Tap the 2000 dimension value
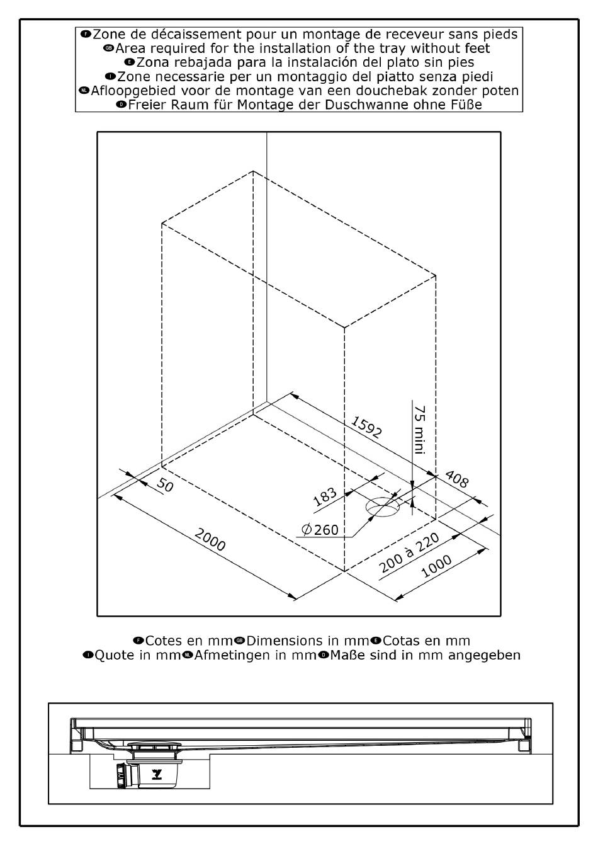pos(210,540)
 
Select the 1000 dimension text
pos(436,566)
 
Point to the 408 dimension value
pos(457,479)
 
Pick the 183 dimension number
pos(325,498)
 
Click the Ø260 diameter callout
pos(320,530)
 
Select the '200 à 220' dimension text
pos(409,552)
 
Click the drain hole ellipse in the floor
pos(383,506)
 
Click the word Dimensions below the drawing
pos(284,641)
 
